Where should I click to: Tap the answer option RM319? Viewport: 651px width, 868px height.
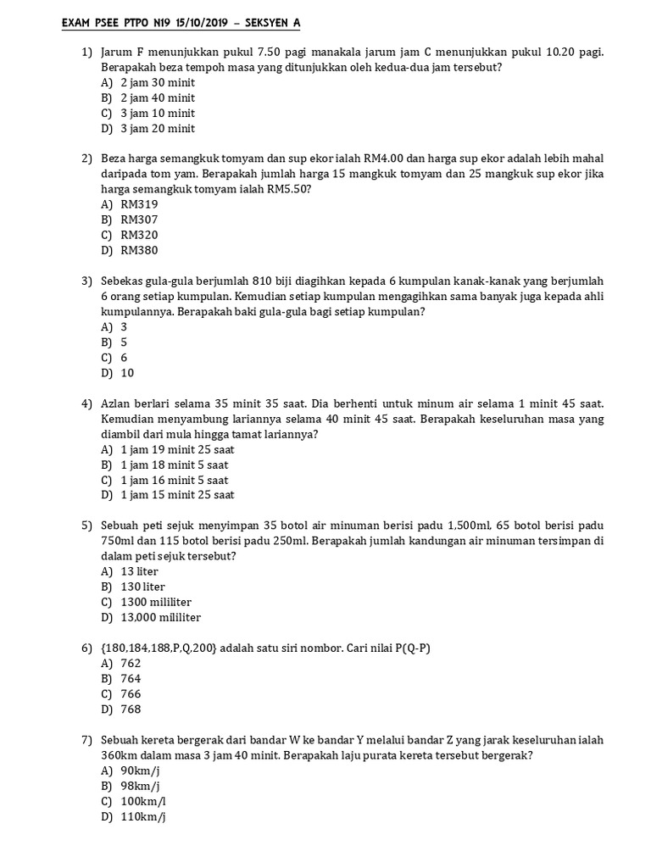coord(139,204)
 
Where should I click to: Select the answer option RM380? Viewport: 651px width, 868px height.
coord(139,250)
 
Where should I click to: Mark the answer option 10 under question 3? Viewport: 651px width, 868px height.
coord(127,372)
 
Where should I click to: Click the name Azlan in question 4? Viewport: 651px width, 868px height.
coord(117,403)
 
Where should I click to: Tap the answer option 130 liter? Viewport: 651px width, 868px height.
coord(142,587)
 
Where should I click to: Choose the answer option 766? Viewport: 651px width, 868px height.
coord(131,693)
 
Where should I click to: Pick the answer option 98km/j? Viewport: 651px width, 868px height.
coord(142,786)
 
